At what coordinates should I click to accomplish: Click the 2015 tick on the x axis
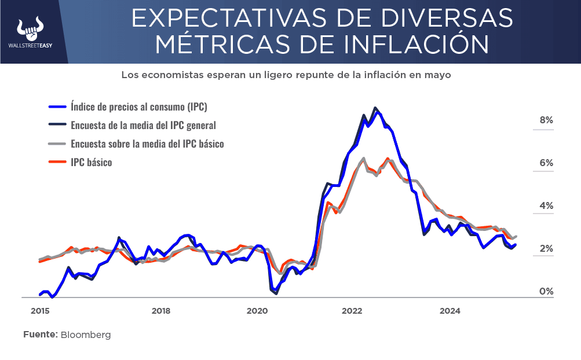(x=39, y=311)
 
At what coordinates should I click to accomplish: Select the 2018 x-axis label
(x=161, y=311)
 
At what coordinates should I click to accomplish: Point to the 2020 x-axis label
(x=257, y=311)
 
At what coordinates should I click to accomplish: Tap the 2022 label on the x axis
(x=352, y=311)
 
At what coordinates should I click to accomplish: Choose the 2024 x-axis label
(x=450, y=311)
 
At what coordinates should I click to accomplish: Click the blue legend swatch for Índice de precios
(x=57, y=107)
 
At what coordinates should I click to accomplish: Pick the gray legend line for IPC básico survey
(x=57, y=144)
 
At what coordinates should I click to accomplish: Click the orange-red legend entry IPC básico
(x=91, y=163)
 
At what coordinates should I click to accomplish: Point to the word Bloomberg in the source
(x=86, y=335)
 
